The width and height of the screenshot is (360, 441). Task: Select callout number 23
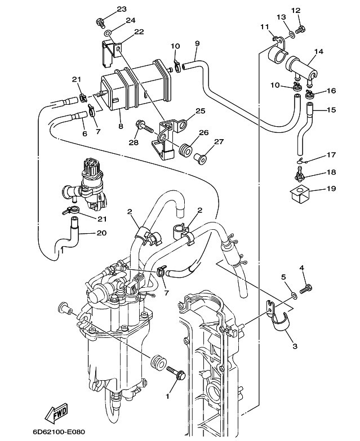(122, 9)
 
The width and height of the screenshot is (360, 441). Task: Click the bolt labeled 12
(301, 29)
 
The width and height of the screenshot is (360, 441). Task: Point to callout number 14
(319, 52)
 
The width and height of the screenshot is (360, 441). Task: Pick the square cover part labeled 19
(300, 194)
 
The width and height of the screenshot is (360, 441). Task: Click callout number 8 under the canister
(121, 126)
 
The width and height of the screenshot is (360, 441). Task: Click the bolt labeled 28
(145, 127)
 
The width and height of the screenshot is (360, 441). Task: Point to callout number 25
(200, 111)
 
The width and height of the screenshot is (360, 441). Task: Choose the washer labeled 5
(294, 295)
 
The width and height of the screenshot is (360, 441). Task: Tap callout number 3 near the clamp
(295, 346)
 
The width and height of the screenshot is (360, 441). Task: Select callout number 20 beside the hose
(102, 233)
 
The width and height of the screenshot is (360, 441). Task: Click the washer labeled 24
(108, 33)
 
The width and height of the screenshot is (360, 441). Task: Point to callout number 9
(197, 43)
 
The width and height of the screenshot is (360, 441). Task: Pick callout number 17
(331, 155)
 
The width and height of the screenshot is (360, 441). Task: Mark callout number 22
(139, 32)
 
